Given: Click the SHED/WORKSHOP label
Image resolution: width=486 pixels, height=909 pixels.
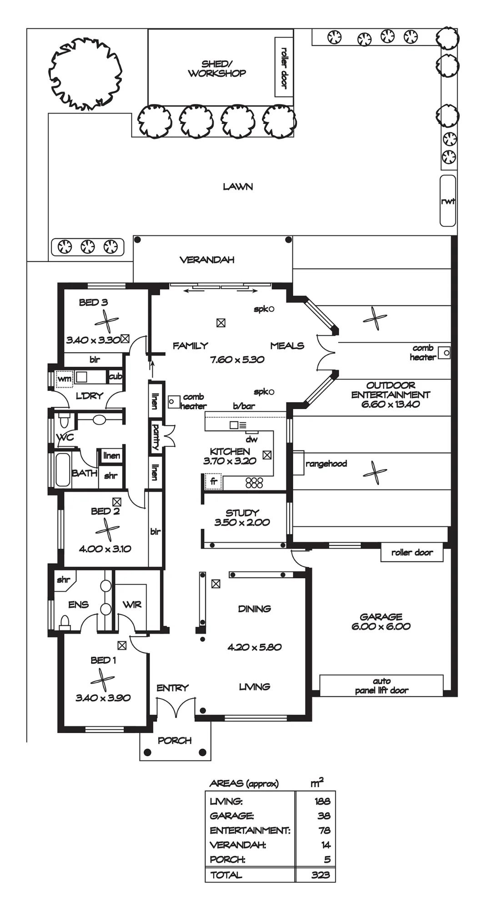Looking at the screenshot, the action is click(217, 69).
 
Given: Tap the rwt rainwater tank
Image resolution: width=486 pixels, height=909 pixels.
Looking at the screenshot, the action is click(448, 200).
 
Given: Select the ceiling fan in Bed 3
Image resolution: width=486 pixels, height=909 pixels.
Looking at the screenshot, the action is click(106, 321).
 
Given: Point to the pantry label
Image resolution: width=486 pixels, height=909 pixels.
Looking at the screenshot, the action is click(155, 437).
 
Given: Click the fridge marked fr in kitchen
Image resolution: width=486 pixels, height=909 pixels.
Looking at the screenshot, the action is click(214, 482).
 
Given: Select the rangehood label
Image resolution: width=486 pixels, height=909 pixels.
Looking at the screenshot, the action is click(326, 464).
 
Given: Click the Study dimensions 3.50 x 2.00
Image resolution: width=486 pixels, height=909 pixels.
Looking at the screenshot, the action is click(242, 523).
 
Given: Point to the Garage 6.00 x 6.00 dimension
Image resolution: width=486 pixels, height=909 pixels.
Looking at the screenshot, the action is click(381, 626).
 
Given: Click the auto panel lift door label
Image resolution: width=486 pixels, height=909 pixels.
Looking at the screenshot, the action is click(382, 686).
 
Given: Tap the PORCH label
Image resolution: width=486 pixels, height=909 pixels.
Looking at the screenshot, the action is click(175, 740).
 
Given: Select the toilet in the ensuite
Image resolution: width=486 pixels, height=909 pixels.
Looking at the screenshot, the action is click(65, 621).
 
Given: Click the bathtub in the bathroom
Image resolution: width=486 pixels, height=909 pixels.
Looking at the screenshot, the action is click(63, 469).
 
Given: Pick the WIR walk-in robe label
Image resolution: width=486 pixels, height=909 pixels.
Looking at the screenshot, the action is click(132, 604).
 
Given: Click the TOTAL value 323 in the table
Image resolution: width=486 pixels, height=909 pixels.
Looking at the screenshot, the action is click(321, 875).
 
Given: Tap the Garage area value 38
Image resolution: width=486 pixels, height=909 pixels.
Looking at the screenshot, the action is click(324, 816).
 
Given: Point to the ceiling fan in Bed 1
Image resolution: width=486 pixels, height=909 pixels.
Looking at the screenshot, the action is click(103, 680).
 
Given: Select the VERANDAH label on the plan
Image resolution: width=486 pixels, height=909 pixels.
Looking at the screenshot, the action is click(207, 260).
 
